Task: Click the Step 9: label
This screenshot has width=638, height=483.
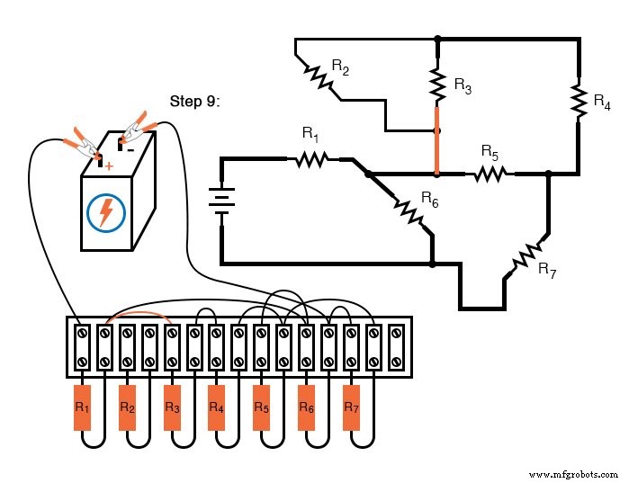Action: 195,101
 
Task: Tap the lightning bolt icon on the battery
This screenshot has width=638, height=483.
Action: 106,213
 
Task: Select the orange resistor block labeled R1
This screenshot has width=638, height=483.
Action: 83,407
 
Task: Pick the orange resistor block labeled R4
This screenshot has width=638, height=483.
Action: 217,407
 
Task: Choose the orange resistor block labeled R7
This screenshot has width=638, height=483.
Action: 352,407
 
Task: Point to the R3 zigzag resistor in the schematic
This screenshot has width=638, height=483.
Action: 438,85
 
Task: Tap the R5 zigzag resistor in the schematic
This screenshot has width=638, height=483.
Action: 489,173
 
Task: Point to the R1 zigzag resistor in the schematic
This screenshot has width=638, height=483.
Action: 310,160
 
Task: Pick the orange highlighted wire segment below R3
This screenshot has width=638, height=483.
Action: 438,139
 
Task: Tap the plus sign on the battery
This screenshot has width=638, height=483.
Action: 109,165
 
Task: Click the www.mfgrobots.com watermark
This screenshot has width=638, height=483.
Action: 573,473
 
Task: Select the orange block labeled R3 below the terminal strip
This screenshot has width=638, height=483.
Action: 173,407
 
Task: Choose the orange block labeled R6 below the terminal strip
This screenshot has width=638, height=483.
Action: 307,407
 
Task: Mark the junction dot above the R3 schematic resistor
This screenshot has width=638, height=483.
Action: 438,40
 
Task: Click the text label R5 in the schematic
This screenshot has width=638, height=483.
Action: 490,150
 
